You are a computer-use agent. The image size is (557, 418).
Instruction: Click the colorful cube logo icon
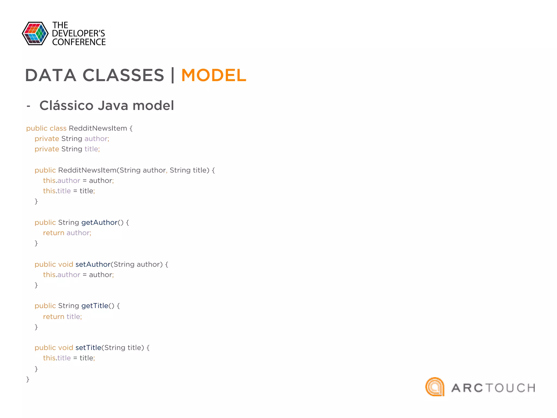point(35,33)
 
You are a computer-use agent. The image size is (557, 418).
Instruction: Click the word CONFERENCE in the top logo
point(79,42)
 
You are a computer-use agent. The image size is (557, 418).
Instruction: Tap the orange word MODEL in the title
point(214,75)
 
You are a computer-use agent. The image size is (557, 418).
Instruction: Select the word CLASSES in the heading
point(123,75)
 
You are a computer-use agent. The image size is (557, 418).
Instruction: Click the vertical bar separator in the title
point(173,75)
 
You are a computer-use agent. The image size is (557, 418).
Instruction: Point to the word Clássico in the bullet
point(66,106)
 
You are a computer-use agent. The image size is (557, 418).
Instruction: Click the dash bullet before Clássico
point(28,106)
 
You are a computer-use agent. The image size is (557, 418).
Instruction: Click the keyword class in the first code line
point(58,128)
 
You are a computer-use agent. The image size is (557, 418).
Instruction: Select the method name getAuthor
point(99,223)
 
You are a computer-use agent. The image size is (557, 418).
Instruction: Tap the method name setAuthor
point(93,265)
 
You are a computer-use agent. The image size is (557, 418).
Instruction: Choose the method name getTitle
point(95,306)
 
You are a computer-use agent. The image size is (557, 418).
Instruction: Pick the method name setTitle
point(88,348)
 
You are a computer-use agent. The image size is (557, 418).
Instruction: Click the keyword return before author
point(54,233)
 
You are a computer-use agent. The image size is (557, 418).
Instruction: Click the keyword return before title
point(54,317)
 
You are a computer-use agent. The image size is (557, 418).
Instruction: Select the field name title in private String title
point(91,149)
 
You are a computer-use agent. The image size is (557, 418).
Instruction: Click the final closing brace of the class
point(28,379)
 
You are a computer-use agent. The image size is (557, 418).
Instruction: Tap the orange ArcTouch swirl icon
point(435,387)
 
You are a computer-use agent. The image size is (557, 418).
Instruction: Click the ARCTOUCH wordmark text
point(493,388)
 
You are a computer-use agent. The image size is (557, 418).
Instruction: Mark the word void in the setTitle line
point(66,348)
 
